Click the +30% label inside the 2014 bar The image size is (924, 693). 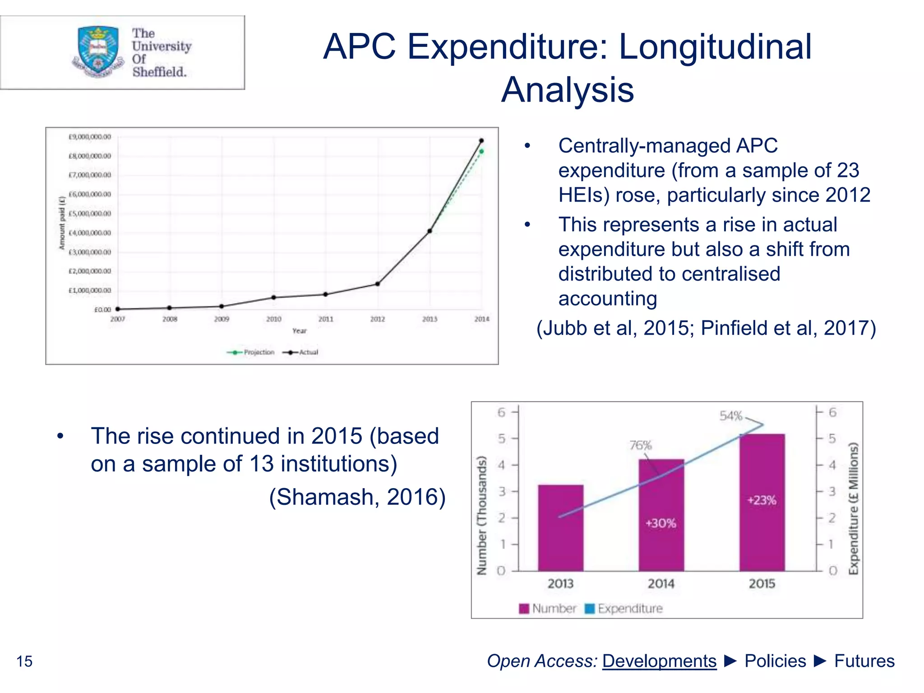coord(661,523)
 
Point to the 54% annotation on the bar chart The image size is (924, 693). coord(730,416)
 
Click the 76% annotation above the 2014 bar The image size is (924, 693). coord(640,445)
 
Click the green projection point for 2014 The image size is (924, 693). coord(481,152)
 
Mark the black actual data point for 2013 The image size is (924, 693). coord(430,231)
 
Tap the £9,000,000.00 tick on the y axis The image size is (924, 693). coord(89,137)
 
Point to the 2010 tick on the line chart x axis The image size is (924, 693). coord(273,319)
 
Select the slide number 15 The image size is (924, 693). coord(24,661)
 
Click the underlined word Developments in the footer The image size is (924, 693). coord(659,661)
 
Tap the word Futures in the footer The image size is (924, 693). coord(864,661)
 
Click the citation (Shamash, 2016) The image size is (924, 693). coord(357,497)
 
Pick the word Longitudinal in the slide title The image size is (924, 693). coord(715,46)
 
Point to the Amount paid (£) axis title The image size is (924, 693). coord(62,223)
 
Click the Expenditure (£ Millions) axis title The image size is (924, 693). coord(853,508)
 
